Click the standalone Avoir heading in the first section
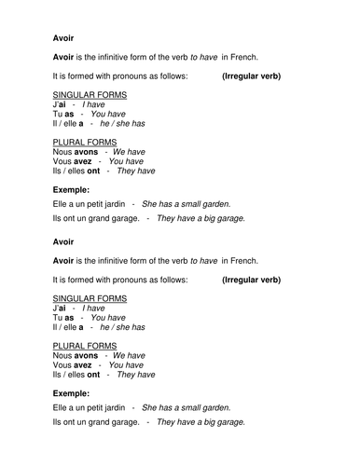[58, 39]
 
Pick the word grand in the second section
[104, 422]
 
